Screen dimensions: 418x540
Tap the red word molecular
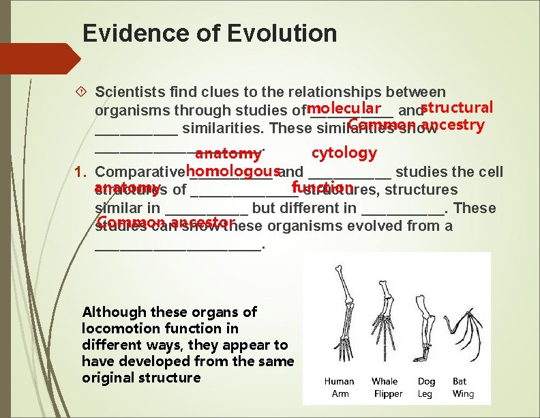click(x=344, y=109)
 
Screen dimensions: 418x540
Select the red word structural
click(x=457, y=108)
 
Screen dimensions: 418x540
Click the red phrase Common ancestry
click(x=416, y=125)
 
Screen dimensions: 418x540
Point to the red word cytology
click(x=344, y=152)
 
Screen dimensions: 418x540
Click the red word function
click(x=320, y=188)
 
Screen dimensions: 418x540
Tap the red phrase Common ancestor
click(x=166, y=223)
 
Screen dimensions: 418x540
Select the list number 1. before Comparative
click(x=83, y=171)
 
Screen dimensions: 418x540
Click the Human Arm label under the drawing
click(x=339, y=387)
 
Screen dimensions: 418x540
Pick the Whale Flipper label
click(x=386, y=387)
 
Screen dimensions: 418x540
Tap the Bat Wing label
click(x=462, y=387)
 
